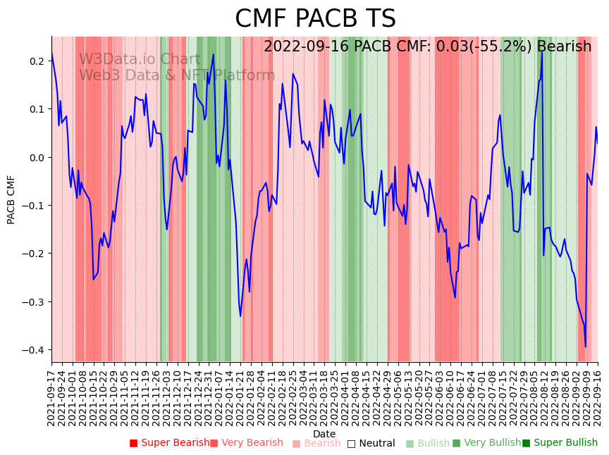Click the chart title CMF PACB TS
[315, 19]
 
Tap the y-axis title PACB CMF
[11, 199]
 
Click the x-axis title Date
[324, 434]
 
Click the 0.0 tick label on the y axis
[35, 158]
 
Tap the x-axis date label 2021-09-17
[51, 397]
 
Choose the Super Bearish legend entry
[169, 443]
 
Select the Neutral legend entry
[371, 443]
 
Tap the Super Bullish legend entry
[560, 443]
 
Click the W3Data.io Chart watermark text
[140, 60]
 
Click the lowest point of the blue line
[585, 347]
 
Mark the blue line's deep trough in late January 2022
[240, 316]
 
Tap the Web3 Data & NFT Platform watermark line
[177, 75]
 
